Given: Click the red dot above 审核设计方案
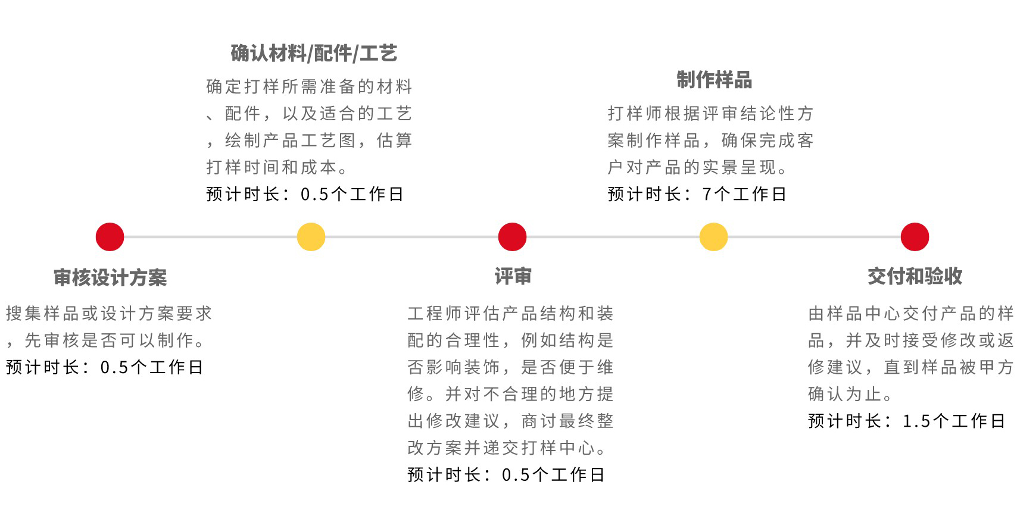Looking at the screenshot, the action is pos(110,237).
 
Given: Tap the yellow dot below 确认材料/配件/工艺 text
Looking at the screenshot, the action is pos(311,237).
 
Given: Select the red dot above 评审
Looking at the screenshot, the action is pos(512,237).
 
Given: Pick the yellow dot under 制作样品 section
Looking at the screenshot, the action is pos(713,237).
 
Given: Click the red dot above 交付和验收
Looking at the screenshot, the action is pos(915,237).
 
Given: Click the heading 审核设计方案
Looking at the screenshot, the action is pos(110,277).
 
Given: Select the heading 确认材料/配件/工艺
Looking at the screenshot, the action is pos(314,53).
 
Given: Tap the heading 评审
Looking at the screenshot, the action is pos(513,276).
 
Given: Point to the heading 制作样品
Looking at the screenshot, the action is pos(714,79).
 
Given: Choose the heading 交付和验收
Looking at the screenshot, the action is pos(915,276).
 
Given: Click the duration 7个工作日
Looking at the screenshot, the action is pos(744,194).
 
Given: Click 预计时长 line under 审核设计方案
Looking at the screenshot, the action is pos(104,367).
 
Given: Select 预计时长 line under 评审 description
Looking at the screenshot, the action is pos(506,474).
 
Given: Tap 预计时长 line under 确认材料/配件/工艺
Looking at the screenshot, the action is pos(305,194).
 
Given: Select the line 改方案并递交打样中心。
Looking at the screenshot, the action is pos(507,448).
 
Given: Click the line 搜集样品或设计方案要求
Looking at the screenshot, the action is pos(109,314).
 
